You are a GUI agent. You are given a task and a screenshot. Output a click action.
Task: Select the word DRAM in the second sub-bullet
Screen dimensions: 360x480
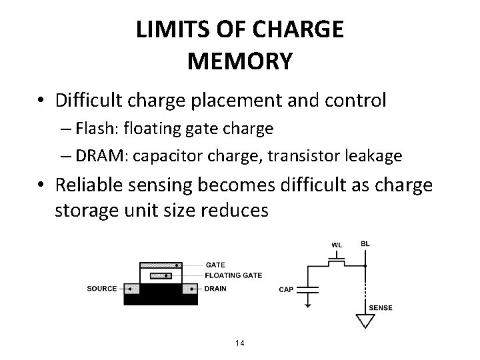pos(101,155)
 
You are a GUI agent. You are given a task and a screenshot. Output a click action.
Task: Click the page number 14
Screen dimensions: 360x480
pos(240,343)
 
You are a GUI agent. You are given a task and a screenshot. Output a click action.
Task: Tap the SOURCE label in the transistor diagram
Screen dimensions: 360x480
pos(102,289)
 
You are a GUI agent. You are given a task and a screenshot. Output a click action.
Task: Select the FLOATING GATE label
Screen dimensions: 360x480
pos(233,275)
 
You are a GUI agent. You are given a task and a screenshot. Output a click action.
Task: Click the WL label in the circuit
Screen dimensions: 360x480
pos(337,245)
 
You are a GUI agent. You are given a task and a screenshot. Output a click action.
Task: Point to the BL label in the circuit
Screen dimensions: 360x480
pos(364,244)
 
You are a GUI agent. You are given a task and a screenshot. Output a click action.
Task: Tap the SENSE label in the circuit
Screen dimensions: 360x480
pos(381,307)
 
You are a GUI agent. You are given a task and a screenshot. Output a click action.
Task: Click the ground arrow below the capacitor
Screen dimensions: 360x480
pos(307,305)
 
